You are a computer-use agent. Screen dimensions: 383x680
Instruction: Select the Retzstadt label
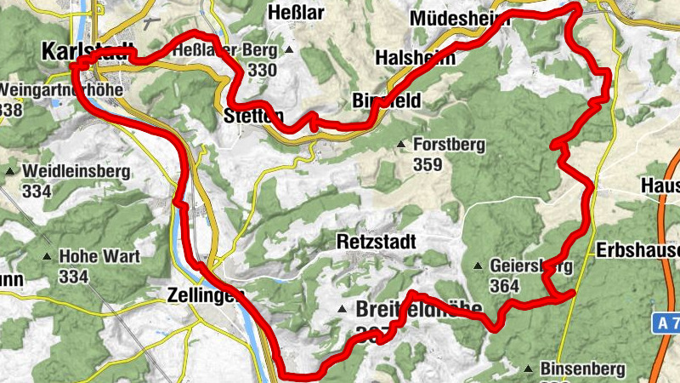tap(376, 242)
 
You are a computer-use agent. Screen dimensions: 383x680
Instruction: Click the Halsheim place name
tap(415, 58)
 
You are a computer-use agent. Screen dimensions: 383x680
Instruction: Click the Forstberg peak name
tap(448, 145)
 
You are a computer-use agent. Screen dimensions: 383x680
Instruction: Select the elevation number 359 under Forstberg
tap(428, 164)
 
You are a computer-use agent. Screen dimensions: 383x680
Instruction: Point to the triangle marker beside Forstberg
tap(401, 145)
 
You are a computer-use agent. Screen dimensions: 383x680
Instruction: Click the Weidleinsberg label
tap(76, 171)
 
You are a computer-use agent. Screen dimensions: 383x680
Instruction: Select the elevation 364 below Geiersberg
tap(504, 286)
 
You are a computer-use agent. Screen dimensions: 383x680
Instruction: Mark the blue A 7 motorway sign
tap(666, 324)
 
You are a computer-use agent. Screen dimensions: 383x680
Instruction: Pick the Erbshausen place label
tap(637, 250)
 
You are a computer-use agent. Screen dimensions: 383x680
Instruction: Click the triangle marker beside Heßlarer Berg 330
tap(289, 51)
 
